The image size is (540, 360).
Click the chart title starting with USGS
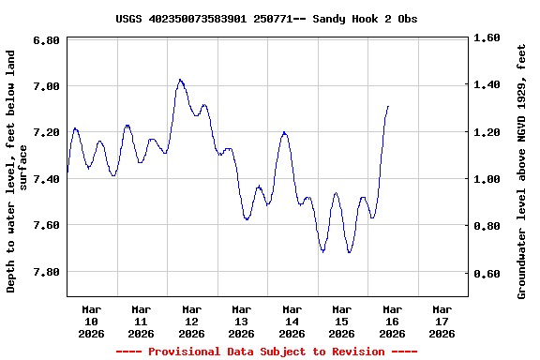pyautogui.click(x=266, y=19)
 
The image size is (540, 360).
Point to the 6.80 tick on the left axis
pyautogui.click(x=47, y=40)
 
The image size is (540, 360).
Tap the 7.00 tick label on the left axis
pyautogui.click(x=47, y=86)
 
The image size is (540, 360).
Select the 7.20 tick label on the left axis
pyautogui.click(x=47, y=133)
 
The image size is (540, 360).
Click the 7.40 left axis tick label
pyautogui.click(x=47, y=179)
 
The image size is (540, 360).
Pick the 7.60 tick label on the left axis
pyautogui.click(x=47, y=226)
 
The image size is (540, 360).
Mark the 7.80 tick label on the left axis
pyautogui.click(x=47, y=272)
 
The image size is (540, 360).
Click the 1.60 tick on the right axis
pyautogui.click(x=488, y=38)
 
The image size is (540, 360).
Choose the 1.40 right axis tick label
pyautogui.click(x=488, y=85)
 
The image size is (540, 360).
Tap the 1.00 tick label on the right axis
pyautogui.click(x=488, y=180)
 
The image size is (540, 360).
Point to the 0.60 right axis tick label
pyautogui.click(x=488, y=275)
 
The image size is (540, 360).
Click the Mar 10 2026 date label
pyautogui.click(x=91, y=321)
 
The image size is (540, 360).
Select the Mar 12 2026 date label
pyautogui.click(x=191, y=321)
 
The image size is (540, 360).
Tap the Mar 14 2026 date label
pyautogui.click(x=292, y=321)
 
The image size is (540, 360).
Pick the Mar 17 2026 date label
pyautogui.click(x=442, y=321)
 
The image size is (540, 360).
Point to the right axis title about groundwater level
pyautogui.click(x=521, y=172)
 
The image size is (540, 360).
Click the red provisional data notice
pyautogui.click(x=266, y=352)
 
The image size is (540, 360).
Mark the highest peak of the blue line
pyautogui.click(x=180, y=80)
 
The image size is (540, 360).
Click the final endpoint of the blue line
pyautogui.click(x=387, y=106)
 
